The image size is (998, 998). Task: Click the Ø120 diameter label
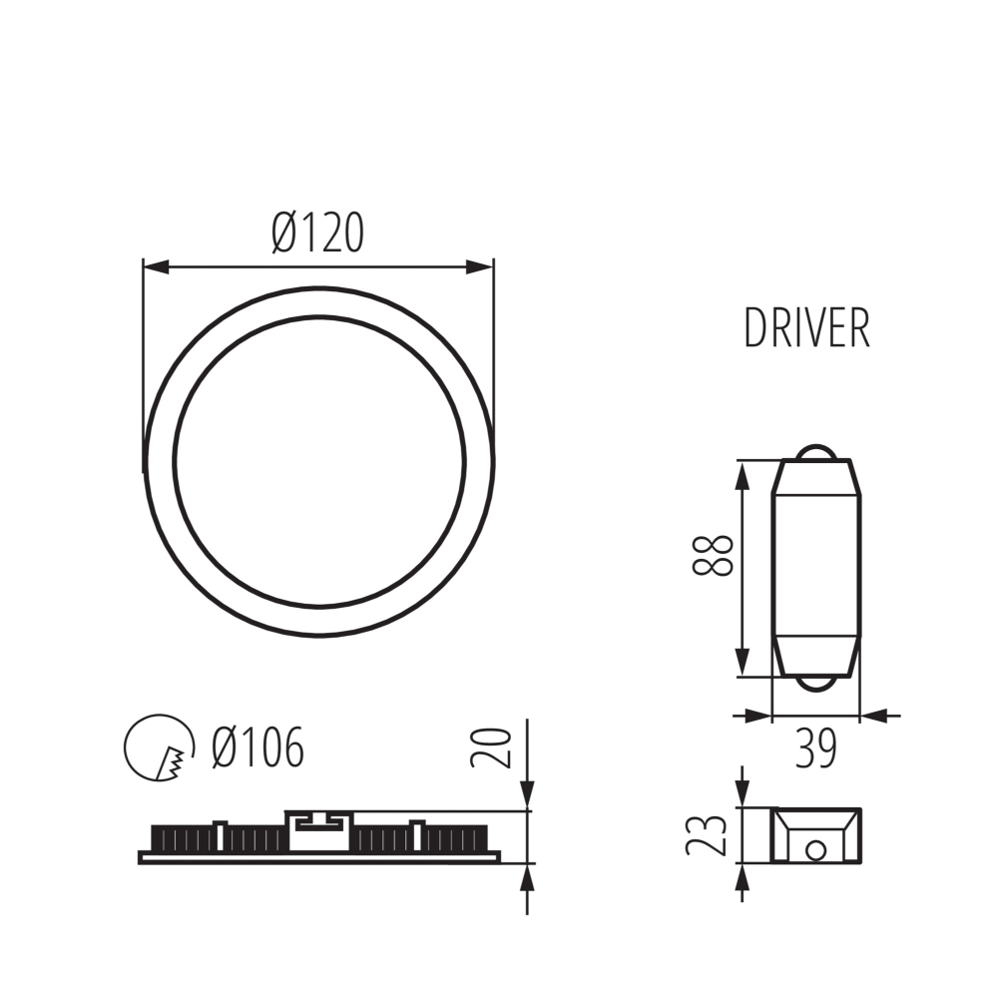(x=317, y=234)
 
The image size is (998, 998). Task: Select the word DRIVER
(x=806, y=328)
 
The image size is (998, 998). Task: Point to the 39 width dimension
(x=815, y=748)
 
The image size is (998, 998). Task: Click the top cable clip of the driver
(x=817, y=452)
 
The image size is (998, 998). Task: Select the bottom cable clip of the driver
(x=817, y=685)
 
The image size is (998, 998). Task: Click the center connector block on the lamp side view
(x=318, y=827)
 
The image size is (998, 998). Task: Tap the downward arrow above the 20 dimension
(x=526, y=792)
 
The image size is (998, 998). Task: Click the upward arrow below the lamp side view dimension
(x=526, y=878)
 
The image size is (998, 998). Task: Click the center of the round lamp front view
(x=318, y=461)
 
